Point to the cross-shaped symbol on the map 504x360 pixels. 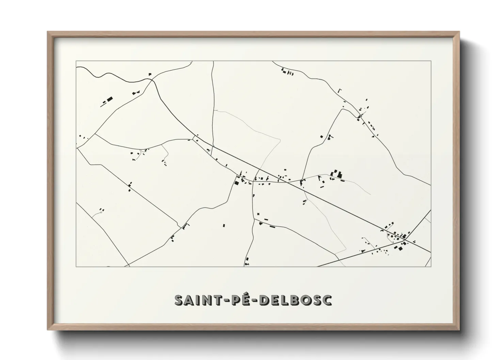[258, 214]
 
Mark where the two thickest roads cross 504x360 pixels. [404, 240]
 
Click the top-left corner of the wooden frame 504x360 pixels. [47, 32]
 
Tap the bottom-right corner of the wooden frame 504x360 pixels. [459, 330]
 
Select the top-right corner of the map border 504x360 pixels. [431, 61]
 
